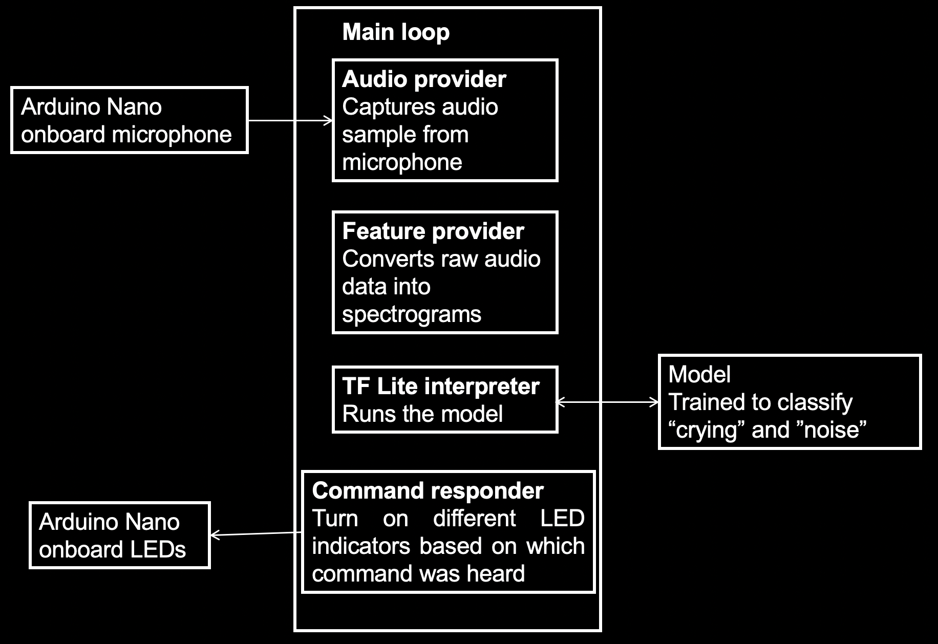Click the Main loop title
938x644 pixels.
(396, 32)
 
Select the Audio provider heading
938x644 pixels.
(424, 79)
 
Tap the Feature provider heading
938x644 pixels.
(433, 231)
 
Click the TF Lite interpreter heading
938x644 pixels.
(440, 387)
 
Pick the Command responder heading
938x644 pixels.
(428, 491)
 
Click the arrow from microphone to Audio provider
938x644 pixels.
(290, 121)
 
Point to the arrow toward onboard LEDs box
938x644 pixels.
(256, 534)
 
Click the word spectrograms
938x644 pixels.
(412, 314)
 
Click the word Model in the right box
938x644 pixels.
(699, 375)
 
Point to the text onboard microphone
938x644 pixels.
(126, 135)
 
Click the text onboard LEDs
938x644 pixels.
(112, 550)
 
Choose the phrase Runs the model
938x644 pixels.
(422, 414)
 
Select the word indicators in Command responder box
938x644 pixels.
(361, 546)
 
